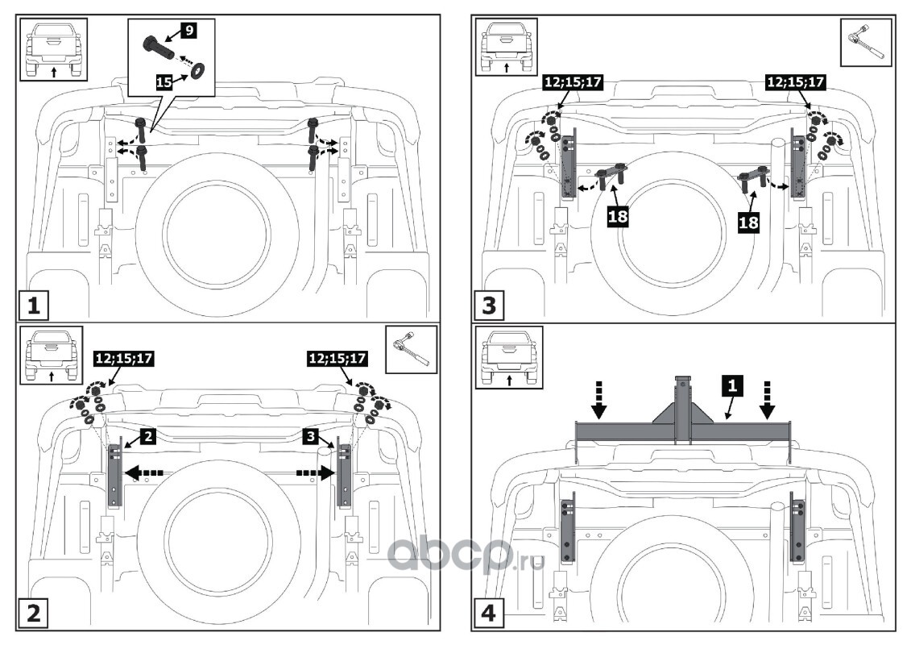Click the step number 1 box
tap(33, 306)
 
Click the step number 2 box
tap(33, 614)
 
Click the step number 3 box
tap(490, 306)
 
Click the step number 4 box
tap(490, 615)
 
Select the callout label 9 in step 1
tap(188, 30)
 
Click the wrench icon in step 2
tap(411, 351)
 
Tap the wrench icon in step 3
tap(866, 40)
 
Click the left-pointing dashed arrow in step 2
tap(146, 473)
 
